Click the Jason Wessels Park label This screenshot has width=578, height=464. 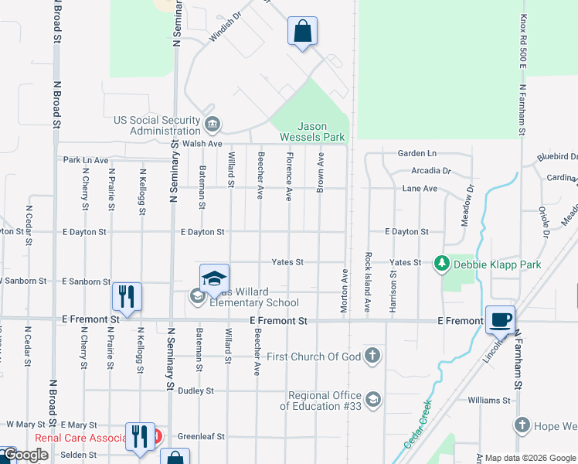pos(322,131)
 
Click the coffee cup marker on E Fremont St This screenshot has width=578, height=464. pos(500,319)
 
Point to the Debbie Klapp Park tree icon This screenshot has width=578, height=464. pos(441,264)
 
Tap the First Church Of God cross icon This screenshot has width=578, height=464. pos(372,356)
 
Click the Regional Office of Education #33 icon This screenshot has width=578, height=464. pos(372,399)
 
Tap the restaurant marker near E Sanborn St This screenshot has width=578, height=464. pos(126,297)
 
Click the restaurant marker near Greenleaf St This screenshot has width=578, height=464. pos(140,437)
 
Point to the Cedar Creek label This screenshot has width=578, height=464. pos(416,424)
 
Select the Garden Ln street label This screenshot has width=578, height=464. pos(417,154)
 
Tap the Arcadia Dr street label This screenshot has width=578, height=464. pos(431,170)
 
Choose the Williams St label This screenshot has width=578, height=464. pos(489,400)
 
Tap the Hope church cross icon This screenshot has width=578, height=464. pos(522,425)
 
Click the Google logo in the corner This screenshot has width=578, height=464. pos(25,455)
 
